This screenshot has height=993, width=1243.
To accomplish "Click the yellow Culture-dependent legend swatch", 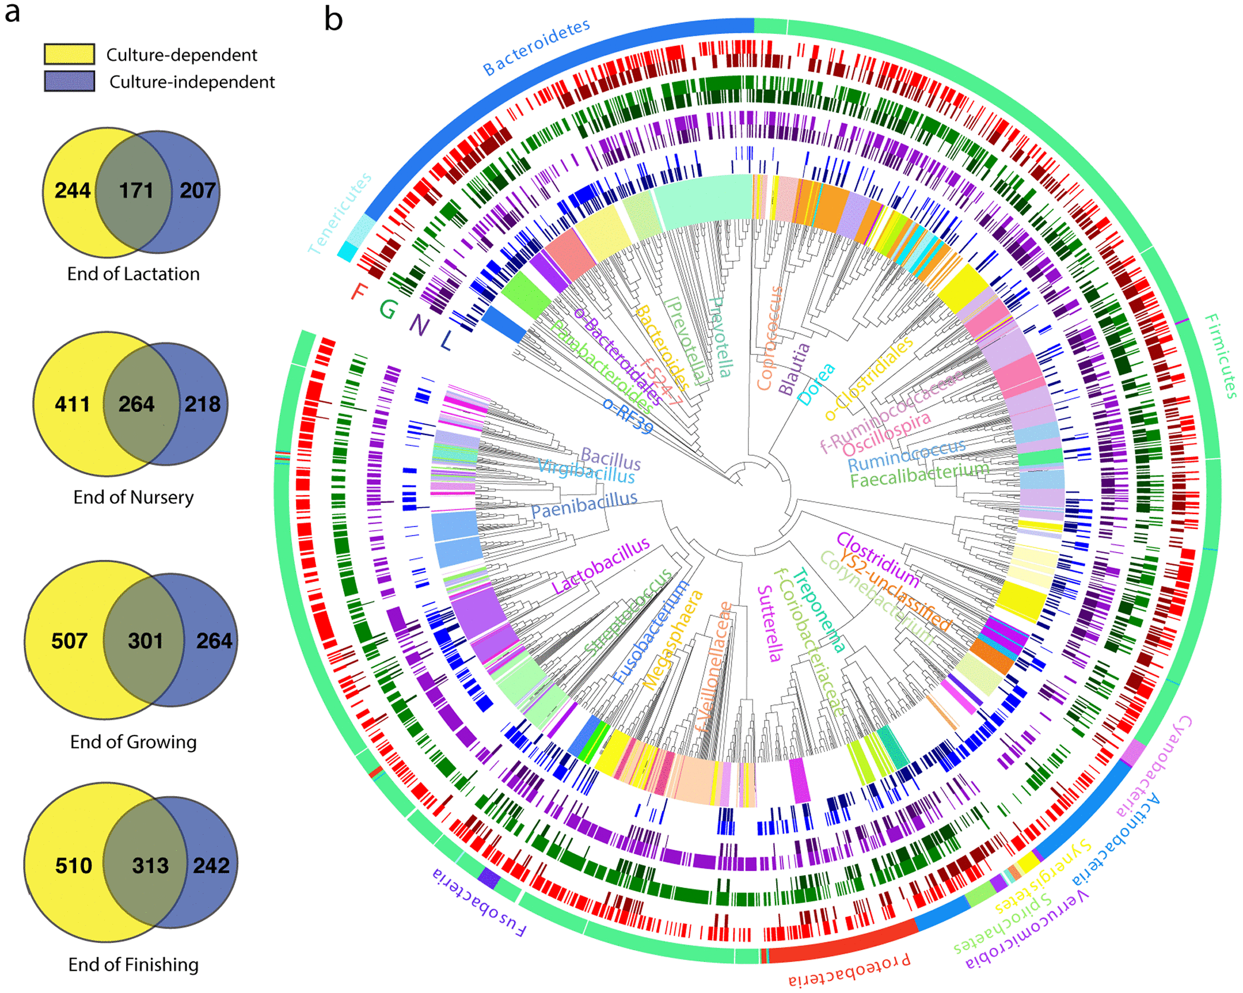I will point(69,54).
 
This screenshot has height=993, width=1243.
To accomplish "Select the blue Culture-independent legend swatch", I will point(69,81).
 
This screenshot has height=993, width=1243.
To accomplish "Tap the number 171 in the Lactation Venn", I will point(136,190).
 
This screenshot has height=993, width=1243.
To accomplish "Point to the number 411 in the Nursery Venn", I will point(72,405).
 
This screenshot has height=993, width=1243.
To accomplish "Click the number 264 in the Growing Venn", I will point(214,641).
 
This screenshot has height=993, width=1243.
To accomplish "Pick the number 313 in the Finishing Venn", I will point(150,865).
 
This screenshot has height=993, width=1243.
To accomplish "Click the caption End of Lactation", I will point(133,274).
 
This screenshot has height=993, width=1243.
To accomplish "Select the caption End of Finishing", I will point(133,964).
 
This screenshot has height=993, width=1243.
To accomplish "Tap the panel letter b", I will point(334,19).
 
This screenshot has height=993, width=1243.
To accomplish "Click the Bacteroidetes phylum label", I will point(536,46).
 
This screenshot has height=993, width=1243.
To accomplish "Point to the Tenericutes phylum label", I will point(340,213).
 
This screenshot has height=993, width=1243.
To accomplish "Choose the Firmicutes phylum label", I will point(1221,356).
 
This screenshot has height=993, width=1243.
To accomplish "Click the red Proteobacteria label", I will point(849,971).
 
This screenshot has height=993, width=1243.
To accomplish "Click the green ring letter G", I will point(388,308).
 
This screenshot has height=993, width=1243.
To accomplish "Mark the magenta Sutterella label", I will point(768,623).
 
